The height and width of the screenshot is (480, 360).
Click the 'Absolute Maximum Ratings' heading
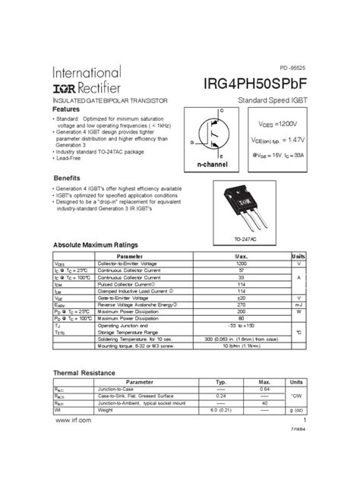(x=95, y=245)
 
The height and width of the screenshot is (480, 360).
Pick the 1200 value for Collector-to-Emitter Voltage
(x=242, y=263)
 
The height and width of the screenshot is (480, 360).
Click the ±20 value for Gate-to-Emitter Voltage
(x=242, y=298)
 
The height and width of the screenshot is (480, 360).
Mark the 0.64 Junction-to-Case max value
(x=265, y=389)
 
